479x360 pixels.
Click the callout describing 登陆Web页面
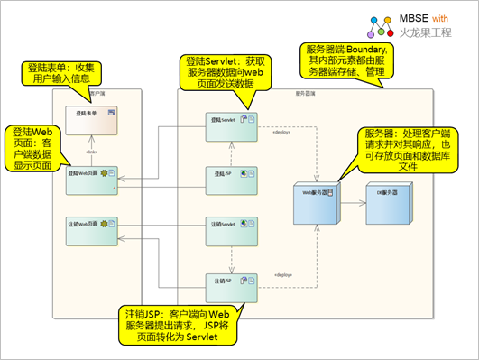click(36, 143)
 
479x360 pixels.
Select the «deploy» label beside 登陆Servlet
click(282, 134)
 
